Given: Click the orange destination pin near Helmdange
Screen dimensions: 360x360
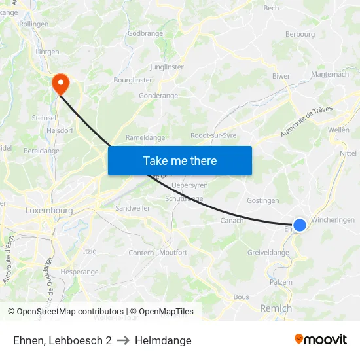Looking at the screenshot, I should coord(61,82).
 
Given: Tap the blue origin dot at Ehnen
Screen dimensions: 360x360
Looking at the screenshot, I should coord(299,225).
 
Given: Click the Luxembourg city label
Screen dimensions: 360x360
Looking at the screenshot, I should coord(49,211).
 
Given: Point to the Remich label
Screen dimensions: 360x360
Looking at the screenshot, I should coord(276,308).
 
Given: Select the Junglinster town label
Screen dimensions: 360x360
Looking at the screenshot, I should coord(166,67).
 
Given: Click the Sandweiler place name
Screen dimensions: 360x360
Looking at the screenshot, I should coord(133,207).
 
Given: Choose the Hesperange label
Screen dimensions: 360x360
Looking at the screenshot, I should coord(79,272).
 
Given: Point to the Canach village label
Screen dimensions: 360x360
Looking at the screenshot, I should coord(232,220).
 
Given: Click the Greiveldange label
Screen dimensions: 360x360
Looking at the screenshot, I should coord(268,253).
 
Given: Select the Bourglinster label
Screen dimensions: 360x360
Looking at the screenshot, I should coord(132,80).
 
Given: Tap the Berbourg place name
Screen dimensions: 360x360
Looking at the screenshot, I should coord(300,34).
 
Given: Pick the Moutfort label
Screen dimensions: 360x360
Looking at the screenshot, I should coord(173,252).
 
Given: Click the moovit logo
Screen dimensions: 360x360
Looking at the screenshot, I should coord(321,340).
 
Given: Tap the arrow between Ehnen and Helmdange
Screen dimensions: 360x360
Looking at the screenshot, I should coord(123,340).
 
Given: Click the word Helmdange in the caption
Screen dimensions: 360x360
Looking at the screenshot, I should coord(163,340).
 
